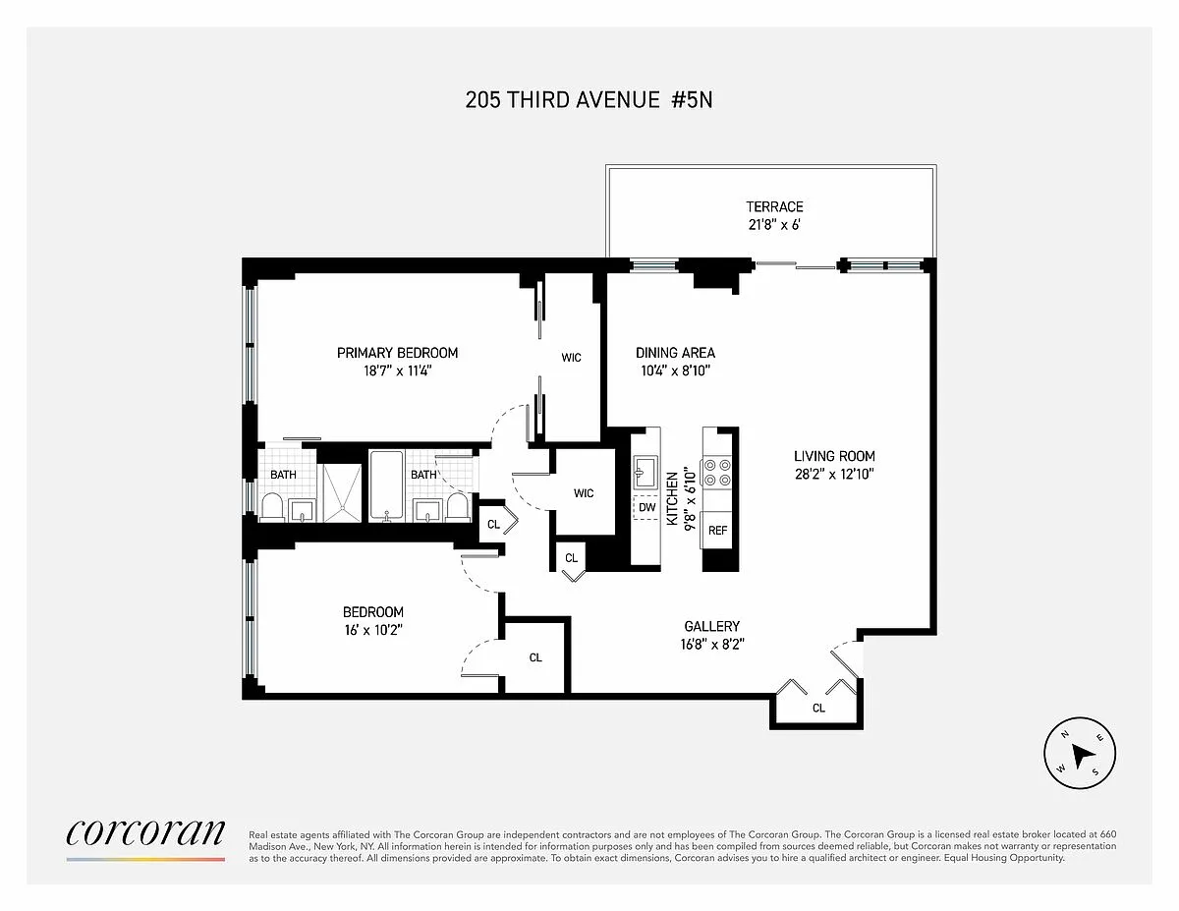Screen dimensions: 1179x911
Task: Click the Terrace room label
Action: [774, 206]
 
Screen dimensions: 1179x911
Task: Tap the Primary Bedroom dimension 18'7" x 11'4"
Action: [397, 371]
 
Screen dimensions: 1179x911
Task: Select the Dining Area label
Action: [675, 353]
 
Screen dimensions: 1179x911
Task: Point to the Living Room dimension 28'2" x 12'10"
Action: [834, 475]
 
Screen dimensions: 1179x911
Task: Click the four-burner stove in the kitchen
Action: [717, 472]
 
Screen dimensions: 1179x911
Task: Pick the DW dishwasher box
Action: [646, 507]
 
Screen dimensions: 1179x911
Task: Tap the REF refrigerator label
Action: [717, 531]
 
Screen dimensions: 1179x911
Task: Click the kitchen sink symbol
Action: [646, 472]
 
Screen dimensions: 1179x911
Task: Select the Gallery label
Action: [712, 627]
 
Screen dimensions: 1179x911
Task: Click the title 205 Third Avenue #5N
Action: [589, 100]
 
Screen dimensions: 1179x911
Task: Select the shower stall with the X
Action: [342, 492]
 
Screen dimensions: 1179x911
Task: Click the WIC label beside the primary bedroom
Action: [571, 358]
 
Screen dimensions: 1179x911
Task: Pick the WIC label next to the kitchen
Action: [584, 493]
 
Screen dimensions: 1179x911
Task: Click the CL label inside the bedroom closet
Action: [535, 657]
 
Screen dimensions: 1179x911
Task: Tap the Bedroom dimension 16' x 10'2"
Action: [373, 630]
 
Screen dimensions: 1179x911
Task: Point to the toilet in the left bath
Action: [272, 507]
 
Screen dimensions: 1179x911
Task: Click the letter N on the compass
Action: [1064, 735]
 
